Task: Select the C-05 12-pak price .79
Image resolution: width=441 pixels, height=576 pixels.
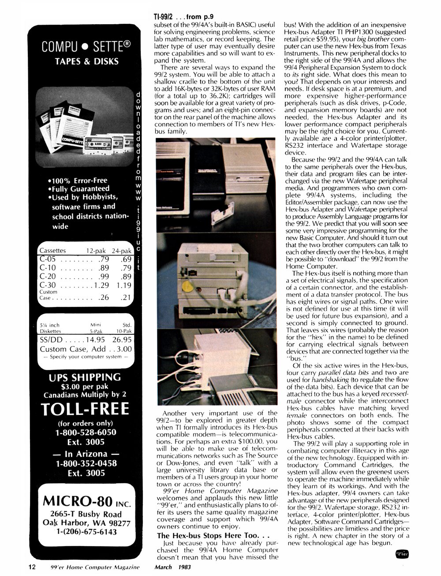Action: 103,259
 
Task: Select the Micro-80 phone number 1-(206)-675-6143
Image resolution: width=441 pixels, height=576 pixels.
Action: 85,532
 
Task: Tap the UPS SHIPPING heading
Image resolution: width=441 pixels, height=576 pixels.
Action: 85,377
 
